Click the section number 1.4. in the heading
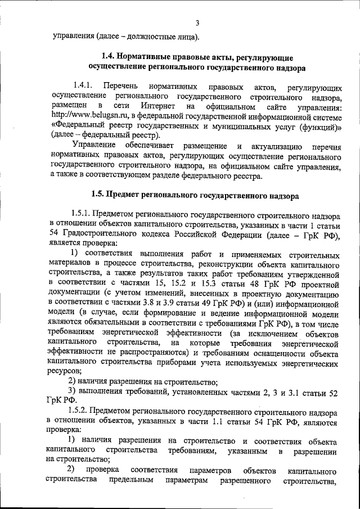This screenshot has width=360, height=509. point(109,57)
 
